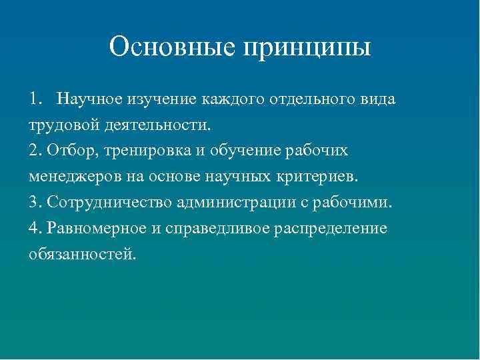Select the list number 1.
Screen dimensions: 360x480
(34, 99)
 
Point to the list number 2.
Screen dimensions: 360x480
(34, 151)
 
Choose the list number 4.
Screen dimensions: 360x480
(34, 228)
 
